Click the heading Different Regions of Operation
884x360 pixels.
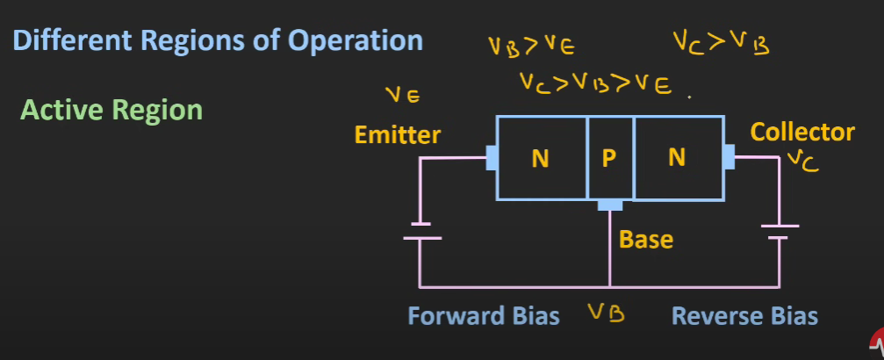(x=219, y=41)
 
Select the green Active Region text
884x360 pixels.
(x=111, y=111)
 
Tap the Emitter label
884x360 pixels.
(x=398, y=135)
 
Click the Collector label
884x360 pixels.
(x=802, y=133)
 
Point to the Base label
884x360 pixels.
(x=646, y=239)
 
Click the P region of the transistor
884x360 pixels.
(x=609, y=158)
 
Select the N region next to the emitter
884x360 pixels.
(x=541, y=158)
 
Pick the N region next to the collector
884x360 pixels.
(x=677, y=158)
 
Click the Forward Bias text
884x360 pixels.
(x=484, y=316)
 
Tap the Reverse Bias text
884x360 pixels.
(x=745, y=316)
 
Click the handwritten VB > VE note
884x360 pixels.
(x=532, y=45)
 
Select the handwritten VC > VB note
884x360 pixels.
(x=721, y=41)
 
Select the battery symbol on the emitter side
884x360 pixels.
(x=421, y=231)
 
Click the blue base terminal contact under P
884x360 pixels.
(x=609, y=205)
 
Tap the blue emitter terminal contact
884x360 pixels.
(x=492, y=158)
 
